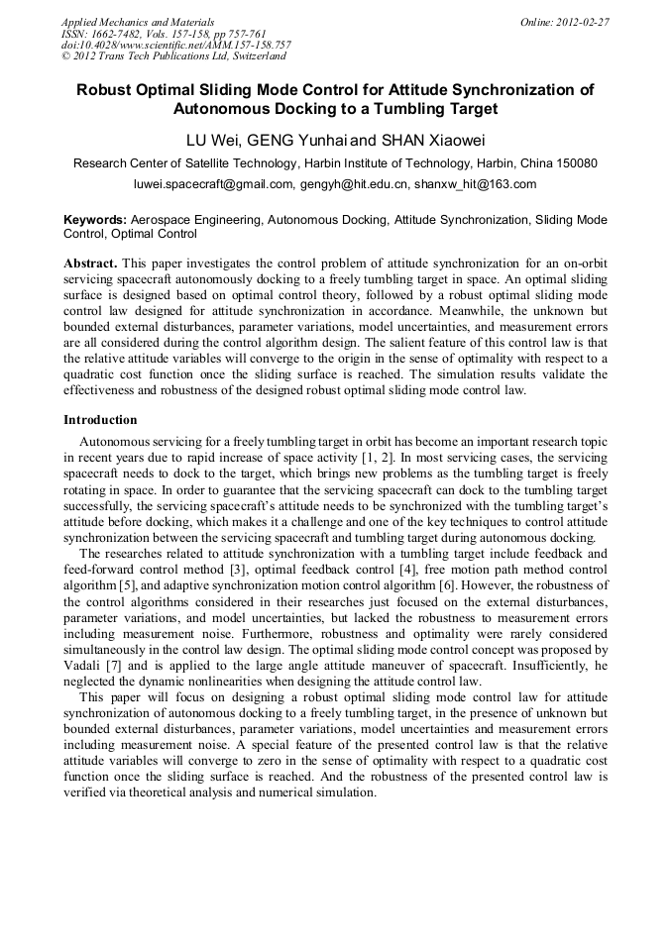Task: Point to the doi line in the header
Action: pos(175,46)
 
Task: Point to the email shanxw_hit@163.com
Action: pos(475,183)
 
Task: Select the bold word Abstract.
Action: pos(91,264)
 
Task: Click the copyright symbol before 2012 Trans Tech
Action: pos(66,57)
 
